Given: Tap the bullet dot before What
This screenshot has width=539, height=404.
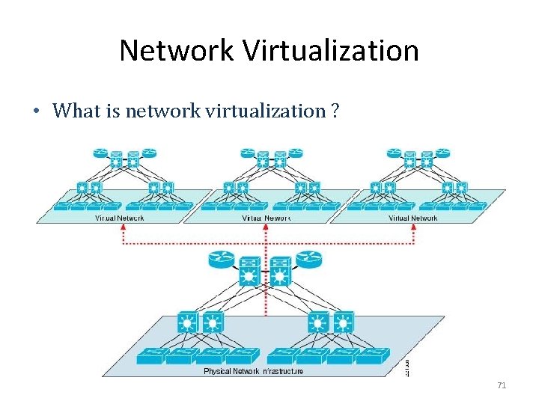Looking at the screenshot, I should tap(35, 112).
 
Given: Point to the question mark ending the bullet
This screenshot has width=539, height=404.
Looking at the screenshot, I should tap(334, 111).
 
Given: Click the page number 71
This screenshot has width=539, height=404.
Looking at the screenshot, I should tap(502, 385).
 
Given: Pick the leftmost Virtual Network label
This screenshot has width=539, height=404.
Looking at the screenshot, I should tap(120, 218).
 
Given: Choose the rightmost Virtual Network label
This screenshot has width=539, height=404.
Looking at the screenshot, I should tap(413, 218).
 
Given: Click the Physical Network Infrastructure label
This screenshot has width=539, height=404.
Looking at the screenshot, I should tap(254, 371).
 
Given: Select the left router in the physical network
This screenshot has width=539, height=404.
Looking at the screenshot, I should tap(222, 260).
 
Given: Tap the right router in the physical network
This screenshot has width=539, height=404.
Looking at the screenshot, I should tap(308, 260).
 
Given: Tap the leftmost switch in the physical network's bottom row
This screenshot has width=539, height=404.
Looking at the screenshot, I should tap(152, 357).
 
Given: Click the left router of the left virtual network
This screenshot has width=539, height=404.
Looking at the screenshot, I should tap(101, 153).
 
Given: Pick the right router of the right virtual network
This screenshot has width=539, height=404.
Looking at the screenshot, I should tap(443, 153).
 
